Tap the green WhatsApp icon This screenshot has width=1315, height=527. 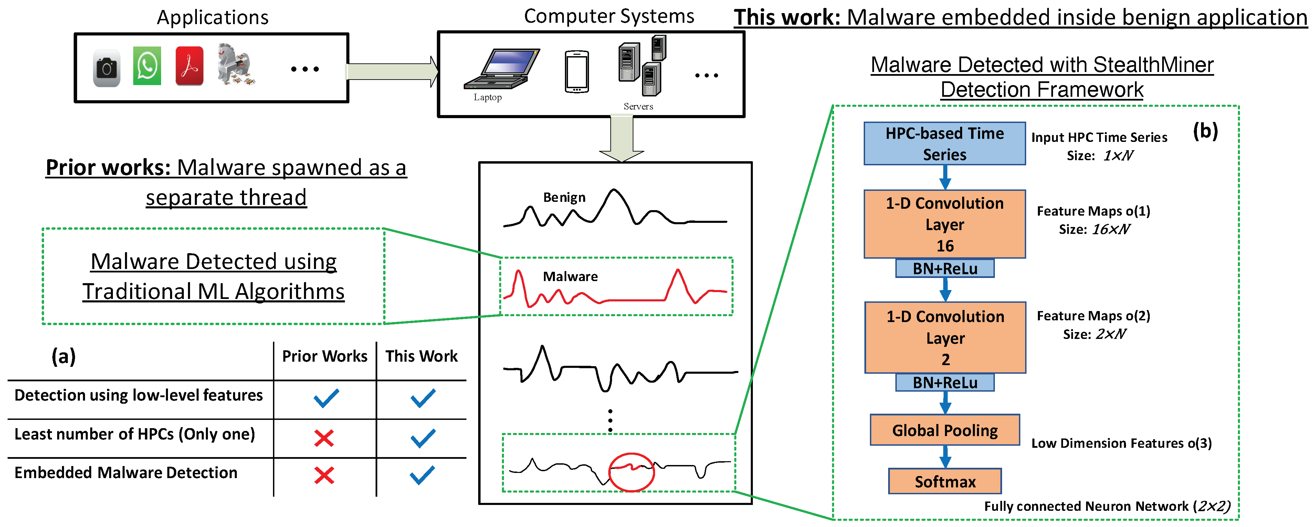coord(147,66)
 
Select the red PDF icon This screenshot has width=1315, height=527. coord(189,66)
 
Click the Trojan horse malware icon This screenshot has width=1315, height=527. coord(234,65)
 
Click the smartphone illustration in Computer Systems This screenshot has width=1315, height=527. coord(577,72)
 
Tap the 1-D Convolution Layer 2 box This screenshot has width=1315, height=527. coord(945,338)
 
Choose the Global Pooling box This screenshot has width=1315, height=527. coord(945,430)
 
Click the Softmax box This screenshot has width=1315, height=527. coord(945,481)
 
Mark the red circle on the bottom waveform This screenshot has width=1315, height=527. coord(631,472)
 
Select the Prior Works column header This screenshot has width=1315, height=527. coord(325,356)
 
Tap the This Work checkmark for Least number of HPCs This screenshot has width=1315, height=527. coord(423,438)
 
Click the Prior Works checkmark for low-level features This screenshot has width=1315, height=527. coord(326,398)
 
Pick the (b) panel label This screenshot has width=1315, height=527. coord(1205,131)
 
